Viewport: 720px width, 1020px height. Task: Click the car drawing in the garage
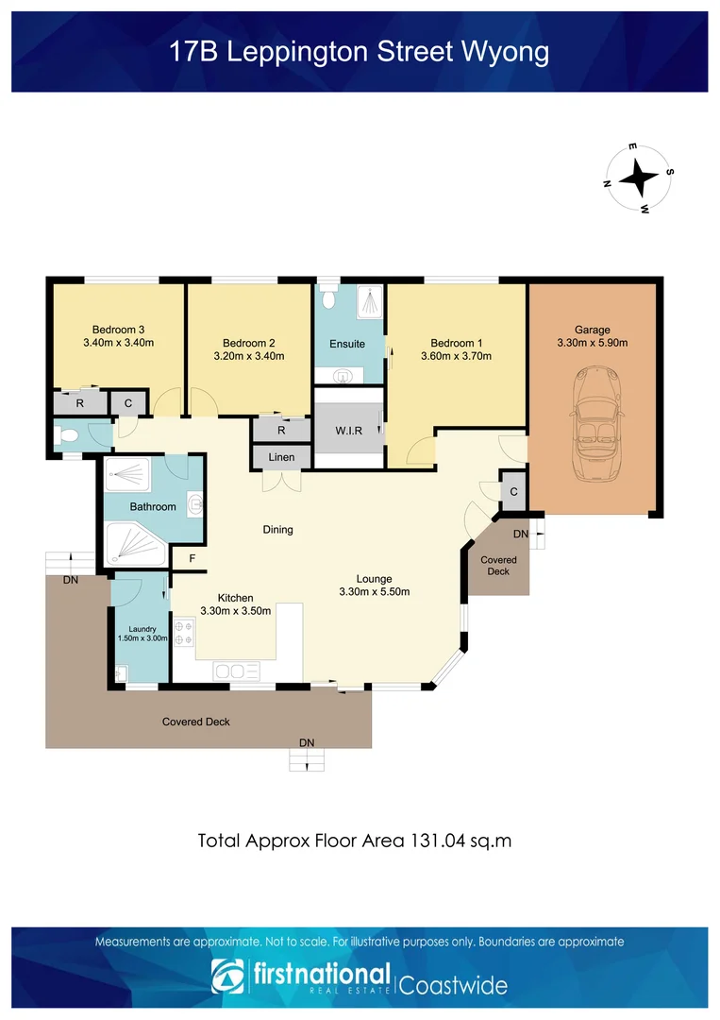point(595,423)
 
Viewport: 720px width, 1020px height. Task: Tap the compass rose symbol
point(639,178)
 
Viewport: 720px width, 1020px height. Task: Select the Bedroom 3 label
point(118,330)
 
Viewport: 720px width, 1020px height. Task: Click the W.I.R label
point(349,431)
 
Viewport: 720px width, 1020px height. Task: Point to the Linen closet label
point(281,457)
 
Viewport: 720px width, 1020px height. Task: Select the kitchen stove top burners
point(184,633)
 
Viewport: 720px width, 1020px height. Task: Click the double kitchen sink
point(237,671)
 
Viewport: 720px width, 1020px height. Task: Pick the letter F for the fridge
point(193,558)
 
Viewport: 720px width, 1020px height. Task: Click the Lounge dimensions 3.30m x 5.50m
point(375,592)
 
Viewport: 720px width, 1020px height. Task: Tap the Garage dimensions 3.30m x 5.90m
point(593,343)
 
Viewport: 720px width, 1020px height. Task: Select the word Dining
point(277,530)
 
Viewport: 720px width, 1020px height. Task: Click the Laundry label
point(142,629)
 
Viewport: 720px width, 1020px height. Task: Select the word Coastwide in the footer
point(453,985)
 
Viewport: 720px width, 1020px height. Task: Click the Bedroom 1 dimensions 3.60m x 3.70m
point(456,356)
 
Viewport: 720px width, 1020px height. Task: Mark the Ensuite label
point(347,344)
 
